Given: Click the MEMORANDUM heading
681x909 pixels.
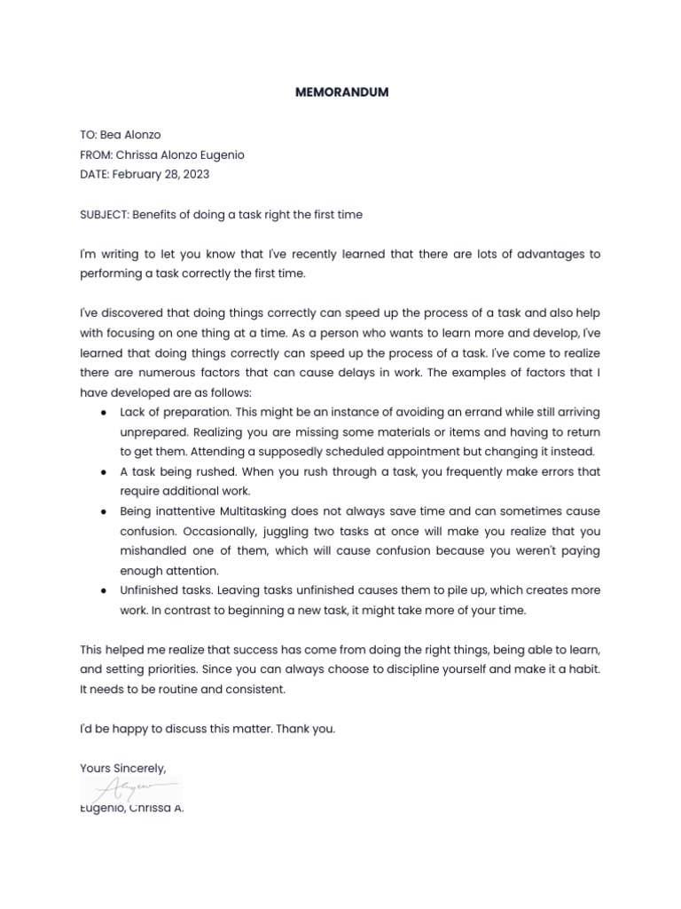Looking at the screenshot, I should click(x=341, y=92).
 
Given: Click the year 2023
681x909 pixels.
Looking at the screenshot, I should click(x=195, y=174).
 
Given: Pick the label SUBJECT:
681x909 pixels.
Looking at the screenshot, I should click(x=104, y=215).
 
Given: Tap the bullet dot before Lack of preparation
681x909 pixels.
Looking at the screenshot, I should click(x=105, y=413).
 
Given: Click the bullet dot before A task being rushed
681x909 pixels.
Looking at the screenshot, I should click(x=105, y=472).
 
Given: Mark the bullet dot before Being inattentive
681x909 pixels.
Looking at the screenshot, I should click(x=105, y=512).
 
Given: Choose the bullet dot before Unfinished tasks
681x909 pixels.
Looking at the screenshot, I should click(x=105, y=591).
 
